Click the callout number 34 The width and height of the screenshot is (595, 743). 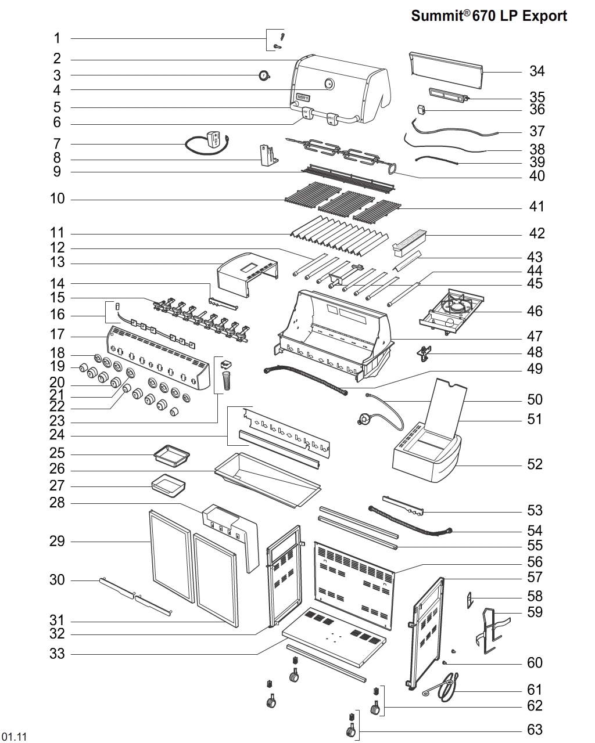(536, 71)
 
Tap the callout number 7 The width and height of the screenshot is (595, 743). (57, 143)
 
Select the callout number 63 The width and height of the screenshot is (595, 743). (534, 730)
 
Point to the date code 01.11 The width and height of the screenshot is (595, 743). (15, 737)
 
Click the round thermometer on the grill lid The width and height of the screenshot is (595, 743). (329, 84)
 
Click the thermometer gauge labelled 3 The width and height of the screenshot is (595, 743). (264, 75)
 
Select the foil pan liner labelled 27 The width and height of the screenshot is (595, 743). (167, 485)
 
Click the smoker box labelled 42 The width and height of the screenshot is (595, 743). (410, 242)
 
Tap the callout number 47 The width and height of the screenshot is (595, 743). (534, 336)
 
